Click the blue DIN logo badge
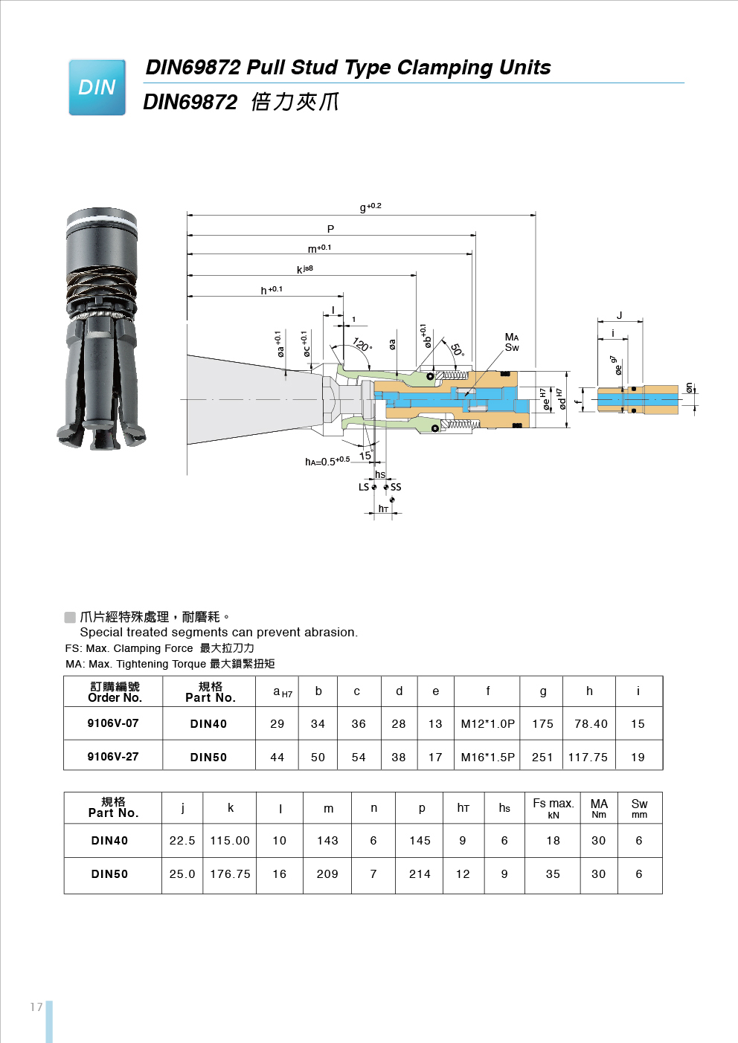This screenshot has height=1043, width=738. click(x=97, y=88)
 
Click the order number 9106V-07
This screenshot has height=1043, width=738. click(x=113, y=723)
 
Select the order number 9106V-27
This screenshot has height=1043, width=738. click(x=113, y=757)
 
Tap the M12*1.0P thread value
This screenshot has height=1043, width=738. click(x=487, y=724)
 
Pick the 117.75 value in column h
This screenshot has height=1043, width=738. click(x=588, y=758)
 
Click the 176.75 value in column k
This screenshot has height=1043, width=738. click(x=230, y=874)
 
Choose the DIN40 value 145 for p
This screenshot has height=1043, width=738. click(x=420, y=841)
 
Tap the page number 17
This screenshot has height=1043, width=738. click(x=36, y=1007)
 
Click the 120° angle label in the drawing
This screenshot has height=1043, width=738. click(x=362, y=344)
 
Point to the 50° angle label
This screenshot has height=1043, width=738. click(x=457, y=349)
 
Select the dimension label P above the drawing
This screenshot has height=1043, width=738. click(x=330, y=229)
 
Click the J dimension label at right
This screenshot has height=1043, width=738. click(x=619, y=316)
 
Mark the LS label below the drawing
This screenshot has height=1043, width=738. click(x=364, y=488)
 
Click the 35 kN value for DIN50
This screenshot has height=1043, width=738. click(x=553, y=874)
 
